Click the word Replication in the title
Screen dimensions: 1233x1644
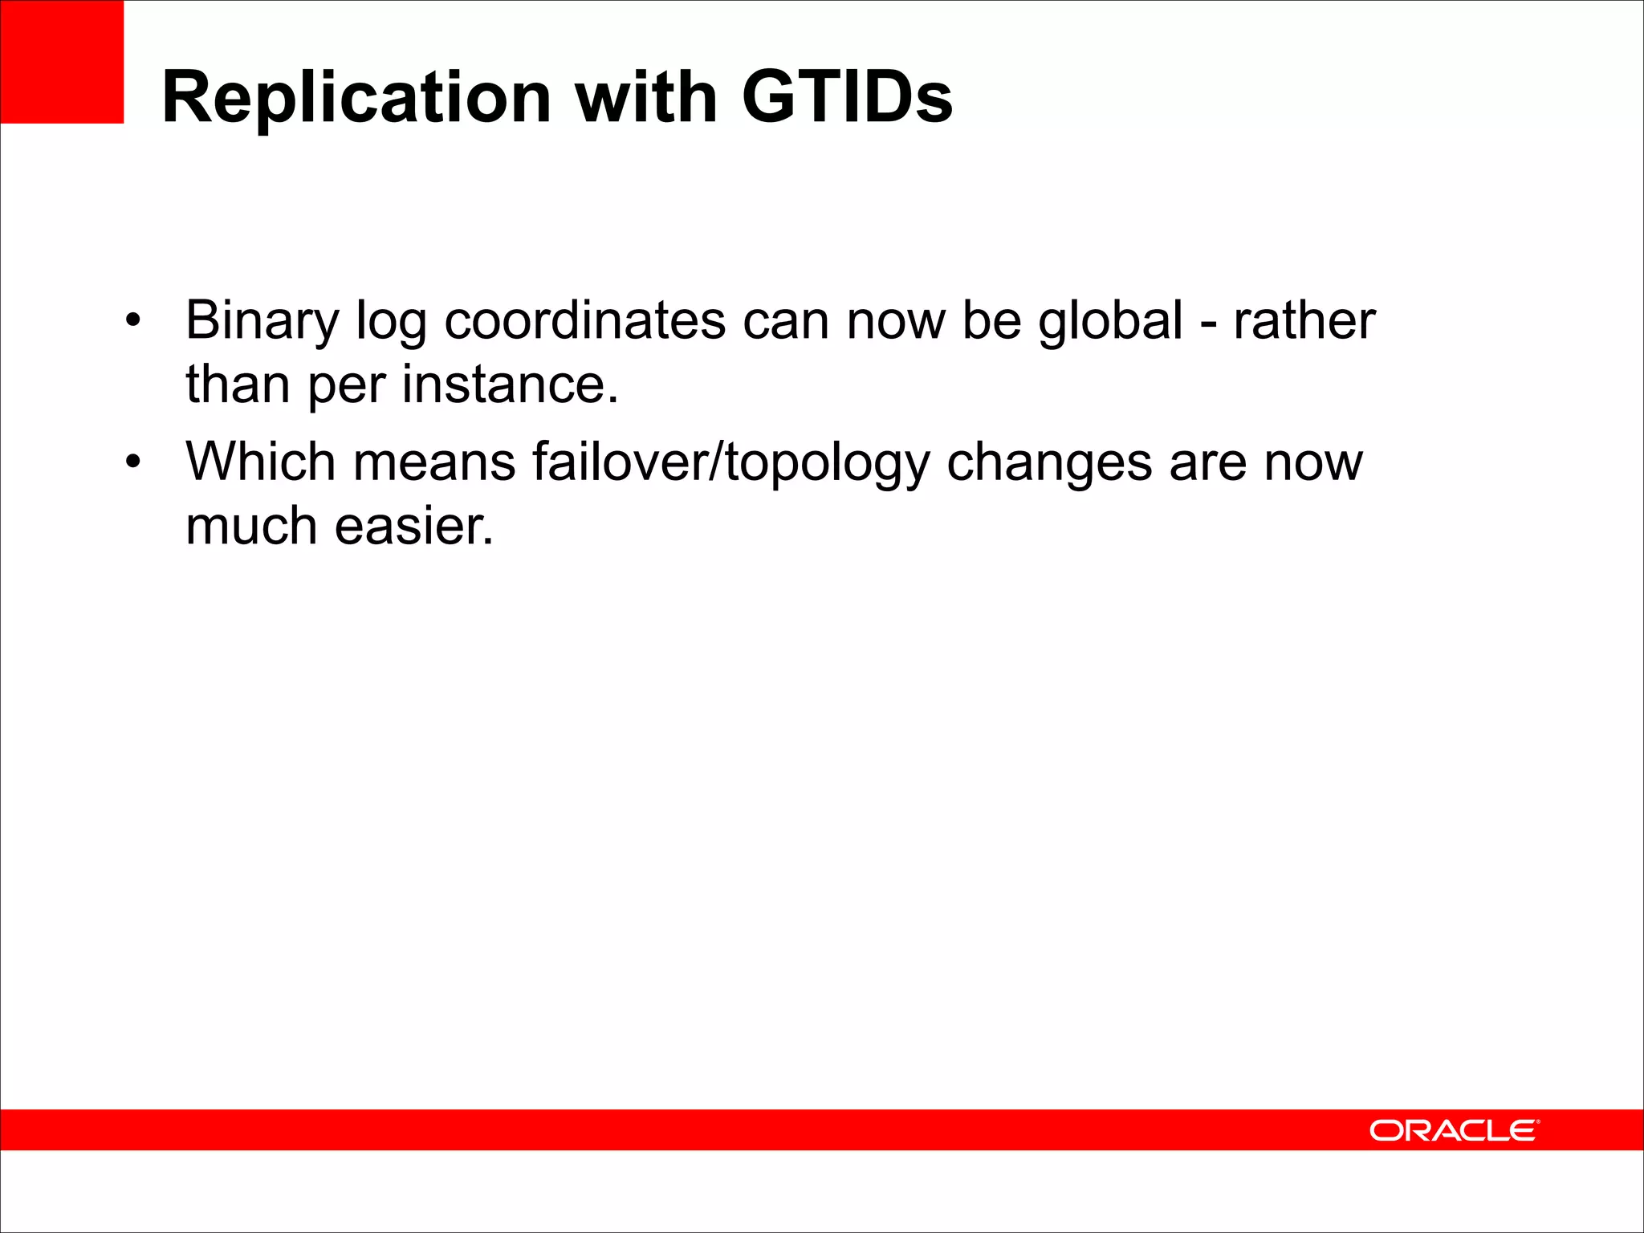click(356, 98)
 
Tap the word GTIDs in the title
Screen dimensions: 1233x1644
click(847, 98)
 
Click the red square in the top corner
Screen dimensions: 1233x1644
click(62, 62)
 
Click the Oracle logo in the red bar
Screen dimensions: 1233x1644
click(1454, 1130)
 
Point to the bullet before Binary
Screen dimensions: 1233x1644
click(133, 321)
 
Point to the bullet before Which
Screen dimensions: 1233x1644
click(133, 463)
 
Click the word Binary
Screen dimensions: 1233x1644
click(262, 321)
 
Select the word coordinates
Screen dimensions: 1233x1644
click(585, 321)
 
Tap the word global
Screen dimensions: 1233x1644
click(1110, 321)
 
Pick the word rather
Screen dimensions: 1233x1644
click(1304, 321)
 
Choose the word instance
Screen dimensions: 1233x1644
click(510, 385)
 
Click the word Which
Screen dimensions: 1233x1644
click(260, 463)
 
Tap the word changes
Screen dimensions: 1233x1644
click(1049, 463)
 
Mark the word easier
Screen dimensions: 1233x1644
click(413, 527)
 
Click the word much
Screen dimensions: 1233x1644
click(251, 527)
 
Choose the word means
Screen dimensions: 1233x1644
click(434, 463)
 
